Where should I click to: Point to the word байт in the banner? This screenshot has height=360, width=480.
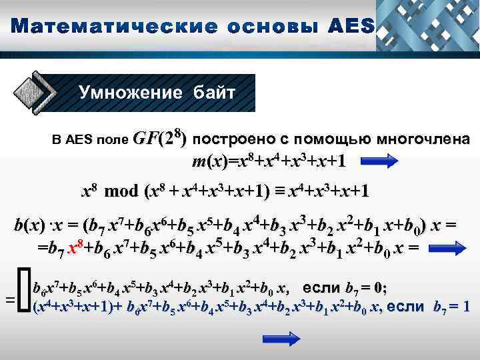tap(212, 92)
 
